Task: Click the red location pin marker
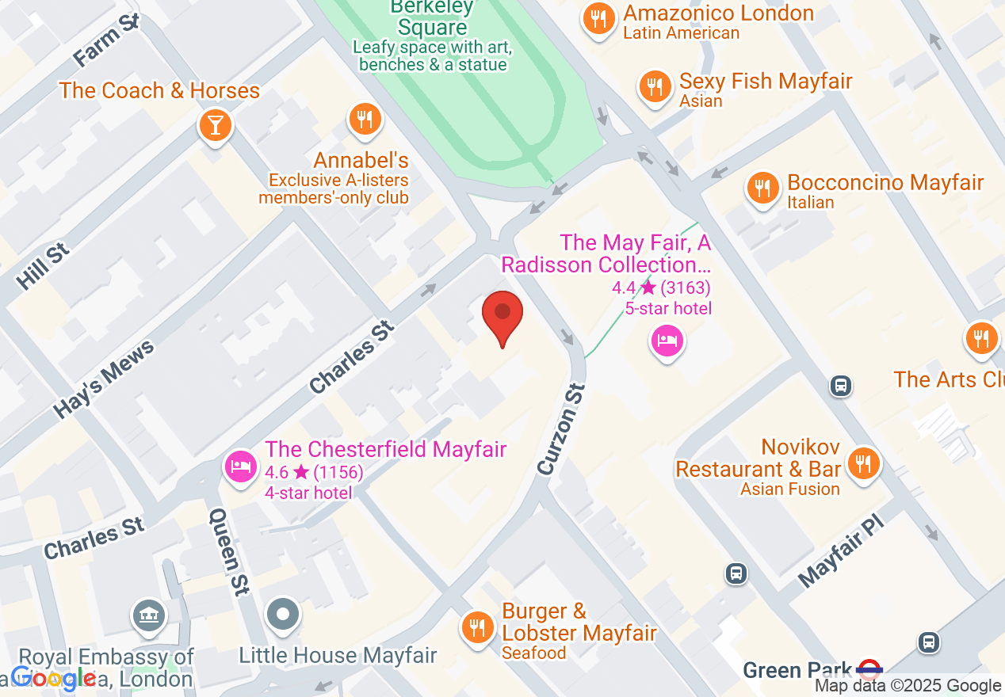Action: pos(502,314)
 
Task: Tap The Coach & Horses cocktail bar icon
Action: pos(214,125)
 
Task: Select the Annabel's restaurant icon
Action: pos(365,120)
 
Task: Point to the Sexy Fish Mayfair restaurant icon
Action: pos(655,86)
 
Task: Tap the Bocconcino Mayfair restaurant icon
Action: pos(762,188)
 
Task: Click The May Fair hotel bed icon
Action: pos(667,341)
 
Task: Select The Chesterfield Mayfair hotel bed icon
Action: pos(240,465)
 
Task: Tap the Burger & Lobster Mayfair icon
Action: pos(477,627)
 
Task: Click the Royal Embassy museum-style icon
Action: pos(149,615)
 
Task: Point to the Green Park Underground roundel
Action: pos(870,670)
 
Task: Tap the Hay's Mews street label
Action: pos(103,379)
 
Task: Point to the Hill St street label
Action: pos(43,265)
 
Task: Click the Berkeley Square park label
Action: pos(433,17)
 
